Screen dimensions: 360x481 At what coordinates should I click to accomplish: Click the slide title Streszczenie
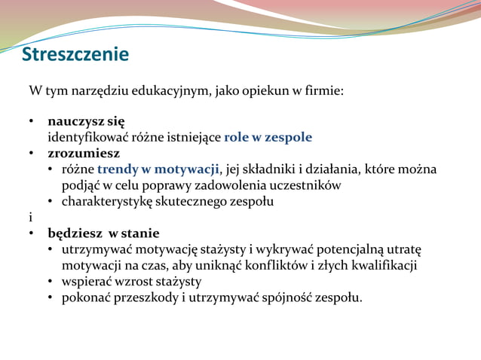point(75,55)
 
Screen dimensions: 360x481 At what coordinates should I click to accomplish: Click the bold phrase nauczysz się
point(86,121)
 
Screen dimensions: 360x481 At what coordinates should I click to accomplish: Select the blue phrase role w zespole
point(268,137)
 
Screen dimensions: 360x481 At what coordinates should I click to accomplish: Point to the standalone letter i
point(30,217)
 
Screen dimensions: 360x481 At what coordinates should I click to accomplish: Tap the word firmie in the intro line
point(323,91)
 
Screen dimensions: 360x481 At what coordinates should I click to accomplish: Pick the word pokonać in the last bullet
point(87,297)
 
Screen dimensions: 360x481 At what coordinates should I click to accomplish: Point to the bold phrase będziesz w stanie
point(103,233)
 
